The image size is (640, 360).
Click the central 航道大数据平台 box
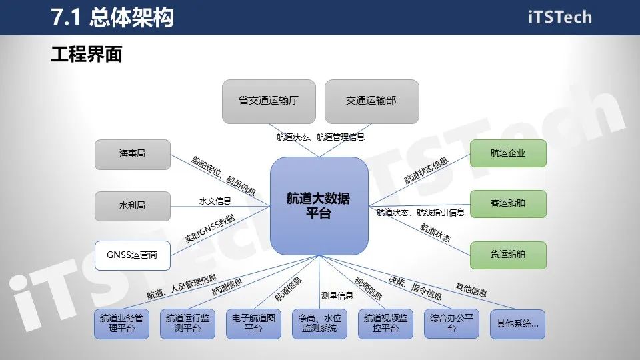tap(319, 205)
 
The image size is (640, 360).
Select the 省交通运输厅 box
tap(268, 101)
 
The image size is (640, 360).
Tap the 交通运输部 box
tap(371, 101)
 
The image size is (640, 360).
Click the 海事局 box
tap(132, 153)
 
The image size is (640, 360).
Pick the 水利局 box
tap(132, 205)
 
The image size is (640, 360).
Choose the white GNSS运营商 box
tap(132, 255)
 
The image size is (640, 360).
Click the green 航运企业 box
tap(508, 153)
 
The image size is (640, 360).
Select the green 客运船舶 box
tap(508, 203)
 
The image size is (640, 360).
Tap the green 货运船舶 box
tap(508, 255)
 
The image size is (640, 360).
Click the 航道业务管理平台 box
tap(121, 324)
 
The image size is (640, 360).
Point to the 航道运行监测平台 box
tap(187, 324)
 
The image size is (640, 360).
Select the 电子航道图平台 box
tap(253, 324)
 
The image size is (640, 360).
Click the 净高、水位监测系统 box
tap(319, 324)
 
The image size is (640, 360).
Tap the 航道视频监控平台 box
tap(385, 324)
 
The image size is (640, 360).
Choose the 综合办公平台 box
tap(451, 324)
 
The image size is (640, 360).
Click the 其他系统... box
tap(517, 324)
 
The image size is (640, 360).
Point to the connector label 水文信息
tap(215, 201)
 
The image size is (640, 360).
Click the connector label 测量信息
tap(337, 296)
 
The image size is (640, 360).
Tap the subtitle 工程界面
tap(87, 55)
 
